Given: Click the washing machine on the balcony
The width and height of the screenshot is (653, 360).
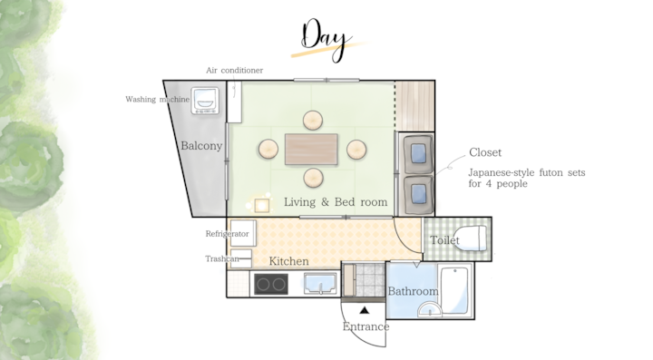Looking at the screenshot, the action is (205, 101).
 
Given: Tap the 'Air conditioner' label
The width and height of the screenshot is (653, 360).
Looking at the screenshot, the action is (235, 71).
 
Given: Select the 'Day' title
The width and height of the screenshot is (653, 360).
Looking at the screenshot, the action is (325, 41).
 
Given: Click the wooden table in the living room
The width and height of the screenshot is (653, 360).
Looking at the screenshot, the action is (311, 149).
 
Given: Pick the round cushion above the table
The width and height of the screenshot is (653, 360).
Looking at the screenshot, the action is (312, 121).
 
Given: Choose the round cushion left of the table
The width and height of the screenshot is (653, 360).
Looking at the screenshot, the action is (268, 149).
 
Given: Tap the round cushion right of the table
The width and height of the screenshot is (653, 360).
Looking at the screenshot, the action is (356, 149).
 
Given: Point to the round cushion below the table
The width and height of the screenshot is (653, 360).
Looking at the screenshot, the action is (313, 178).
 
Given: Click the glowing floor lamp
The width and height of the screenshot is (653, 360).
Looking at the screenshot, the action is (261, 205).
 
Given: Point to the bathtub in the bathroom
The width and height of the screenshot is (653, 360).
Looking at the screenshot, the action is (455, 291).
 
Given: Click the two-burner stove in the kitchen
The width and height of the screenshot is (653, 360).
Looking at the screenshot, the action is (271, 284).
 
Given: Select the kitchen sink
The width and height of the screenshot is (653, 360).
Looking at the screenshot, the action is (320, 284).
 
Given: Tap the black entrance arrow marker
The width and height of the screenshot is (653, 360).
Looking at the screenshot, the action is (365, 310).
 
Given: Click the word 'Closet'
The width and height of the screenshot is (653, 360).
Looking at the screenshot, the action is (485, 152).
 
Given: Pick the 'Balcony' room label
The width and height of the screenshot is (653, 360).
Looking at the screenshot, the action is (201, 146).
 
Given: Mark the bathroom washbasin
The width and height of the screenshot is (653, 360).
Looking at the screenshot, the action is (429, 310).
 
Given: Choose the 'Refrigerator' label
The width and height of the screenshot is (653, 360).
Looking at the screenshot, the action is (227, 234).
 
